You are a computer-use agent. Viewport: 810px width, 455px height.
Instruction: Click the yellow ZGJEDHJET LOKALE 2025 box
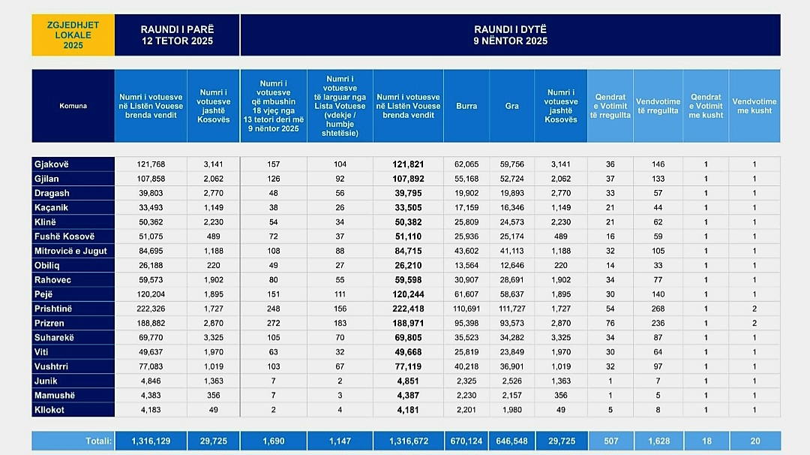point(73,35)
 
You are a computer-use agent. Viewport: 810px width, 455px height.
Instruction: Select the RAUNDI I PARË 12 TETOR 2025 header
point(177,35)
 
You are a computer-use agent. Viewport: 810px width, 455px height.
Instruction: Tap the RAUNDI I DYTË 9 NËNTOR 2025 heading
point(510,35)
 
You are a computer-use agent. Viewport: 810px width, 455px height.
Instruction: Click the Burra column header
point(466,106)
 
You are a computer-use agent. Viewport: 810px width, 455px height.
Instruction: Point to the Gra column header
point(511,106)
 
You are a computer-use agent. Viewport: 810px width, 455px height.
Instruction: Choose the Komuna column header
point(73,106)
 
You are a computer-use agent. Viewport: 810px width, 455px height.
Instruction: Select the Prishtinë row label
point(53,309)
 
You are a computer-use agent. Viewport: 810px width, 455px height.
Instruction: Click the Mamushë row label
point(55,396)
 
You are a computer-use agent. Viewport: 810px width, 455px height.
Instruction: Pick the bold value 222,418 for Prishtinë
point(408,309)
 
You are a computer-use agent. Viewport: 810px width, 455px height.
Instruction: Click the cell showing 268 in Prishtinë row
point(658,309)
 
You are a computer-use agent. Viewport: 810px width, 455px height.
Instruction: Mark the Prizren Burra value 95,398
point(466,323)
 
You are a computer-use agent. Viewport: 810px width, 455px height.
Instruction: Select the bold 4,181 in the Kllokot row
point(408,410)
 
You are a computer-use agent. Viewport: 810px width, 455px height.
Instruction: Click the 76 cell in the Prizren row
point(610,323)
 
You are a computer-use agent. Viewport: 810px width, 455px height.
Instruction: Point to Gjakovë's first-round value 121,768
point(151,164)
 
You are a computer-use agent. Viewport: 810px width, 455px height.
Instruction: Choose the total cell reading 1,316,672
point(408,441)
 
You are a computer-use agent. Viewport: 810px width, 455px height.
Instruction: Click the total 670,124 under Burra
point(466,441)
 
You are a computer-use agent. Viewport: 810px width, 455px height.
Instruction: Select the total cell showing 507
point(610,441)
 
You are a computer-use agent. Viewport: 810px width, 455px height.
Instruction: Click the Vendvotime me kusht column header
point(754,106)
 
